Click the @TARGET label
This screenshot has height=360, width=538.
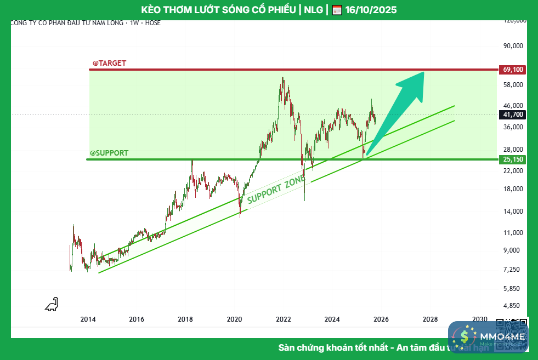pos(109,63)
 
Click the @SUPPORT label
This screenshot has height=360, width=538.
pos(109,153)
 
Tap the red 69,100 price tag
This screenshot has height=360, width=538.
pos(513,70)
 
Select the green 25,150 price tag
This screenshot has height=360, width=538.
pos(513,159)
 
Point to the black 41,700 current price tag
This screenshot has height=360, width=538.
pos(513,115)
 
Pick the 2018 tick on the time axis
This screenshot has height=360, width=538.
pos(185,319)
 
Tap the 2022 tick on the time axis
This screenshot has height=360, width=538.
pos(283,319)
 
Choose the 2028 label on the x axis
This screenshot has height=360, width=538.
pos(430,319)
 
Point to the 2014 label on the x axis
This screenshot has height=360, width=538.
pos(88,319)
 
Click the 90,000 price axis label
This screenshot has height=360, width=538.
pos(516,46)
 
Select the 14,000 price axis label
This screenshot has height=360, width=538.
pos(516,212)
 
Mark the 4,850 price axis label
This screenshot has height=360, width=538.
pos(516,306)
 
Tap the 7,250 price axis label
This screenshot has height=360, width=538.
pos(516,269)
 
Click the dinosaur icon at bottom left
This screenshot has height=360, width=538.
pos(52,304)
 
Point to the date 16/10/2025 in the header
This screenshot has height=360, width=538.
pos(371,10)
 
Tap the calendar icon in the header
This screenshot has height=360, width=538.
pos(337,10)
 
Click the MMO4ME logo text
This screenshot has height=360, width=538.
pos(502,336)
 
